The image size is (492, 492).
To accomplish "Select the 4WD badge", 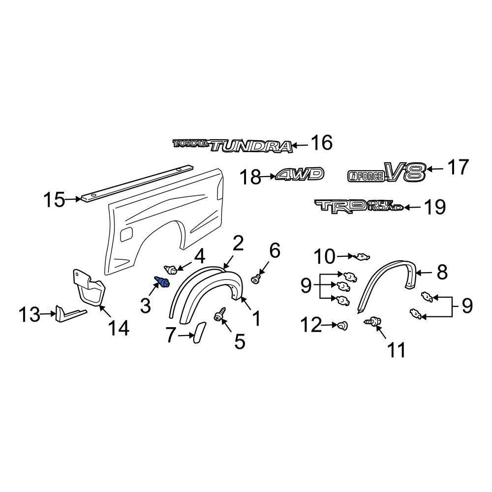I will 300,174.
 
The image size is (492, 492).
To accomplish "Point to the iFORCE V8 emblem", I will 386,172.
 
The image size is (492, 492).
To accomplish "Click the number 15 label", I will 54,200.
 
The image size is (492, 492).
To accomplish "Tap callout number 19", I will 434,207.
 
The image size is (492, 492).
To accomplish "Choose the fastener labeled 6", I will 256,279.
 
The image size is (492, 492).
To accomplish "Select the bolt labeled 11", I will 372,321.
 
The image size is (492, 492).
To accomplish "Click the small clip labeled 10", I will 361,256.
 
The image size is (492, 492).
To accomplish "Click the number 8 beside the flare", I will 442,272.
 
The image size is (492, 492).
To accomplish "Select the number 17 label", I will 458,168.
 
